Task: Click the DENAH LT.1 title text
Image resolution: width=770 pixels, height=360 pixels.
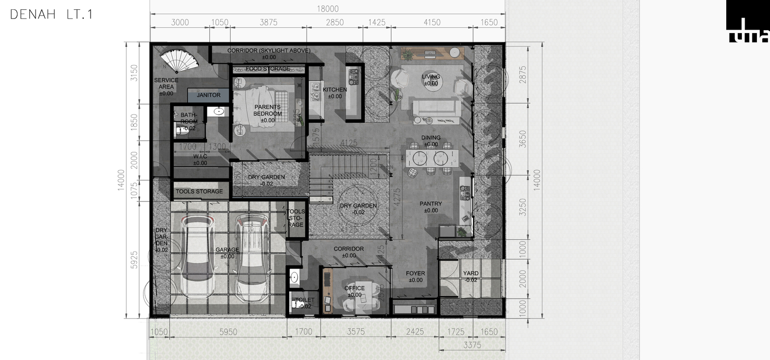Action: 51,15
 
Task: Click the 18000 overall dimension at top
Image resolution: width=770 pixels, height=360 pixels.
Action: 328,9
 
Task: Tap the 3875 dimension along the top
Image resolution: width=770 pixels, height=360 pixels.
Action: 268,22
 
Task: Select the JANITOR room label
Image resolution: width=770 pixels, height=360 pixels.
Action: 208,95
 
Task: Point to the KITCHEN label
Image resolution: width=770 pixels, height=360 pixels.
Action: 335,90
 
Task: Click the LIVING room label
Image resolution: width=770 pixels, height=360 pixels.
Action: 430,77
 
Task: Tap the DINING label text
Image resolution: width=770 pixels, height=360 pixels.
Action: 431,138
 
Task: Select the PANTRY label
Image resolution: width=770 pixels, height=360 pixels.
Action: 431,204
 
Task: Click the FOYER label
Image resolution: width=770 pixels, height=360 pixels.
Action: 415,274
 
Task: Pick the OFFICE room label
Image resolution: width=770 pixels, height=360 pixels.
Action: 354,288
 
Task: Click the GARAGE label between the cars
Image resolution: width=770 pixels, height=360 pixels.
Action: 227,250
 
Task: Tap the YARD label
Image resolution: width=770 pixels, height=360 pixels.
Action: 471,274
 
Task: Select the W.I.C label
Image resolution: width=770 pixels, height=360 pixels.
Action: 200,157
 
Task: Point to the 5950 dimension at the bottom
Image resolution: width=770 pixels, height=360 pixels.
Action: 228,332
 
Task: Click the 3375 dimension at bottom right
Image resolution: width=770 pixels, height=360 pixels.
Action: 472,345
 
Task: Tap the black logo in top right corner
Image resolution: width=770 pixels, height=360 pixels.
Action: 747,22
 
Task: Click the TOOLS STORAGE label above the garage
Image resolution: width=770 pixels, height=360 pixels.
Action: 199,192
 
